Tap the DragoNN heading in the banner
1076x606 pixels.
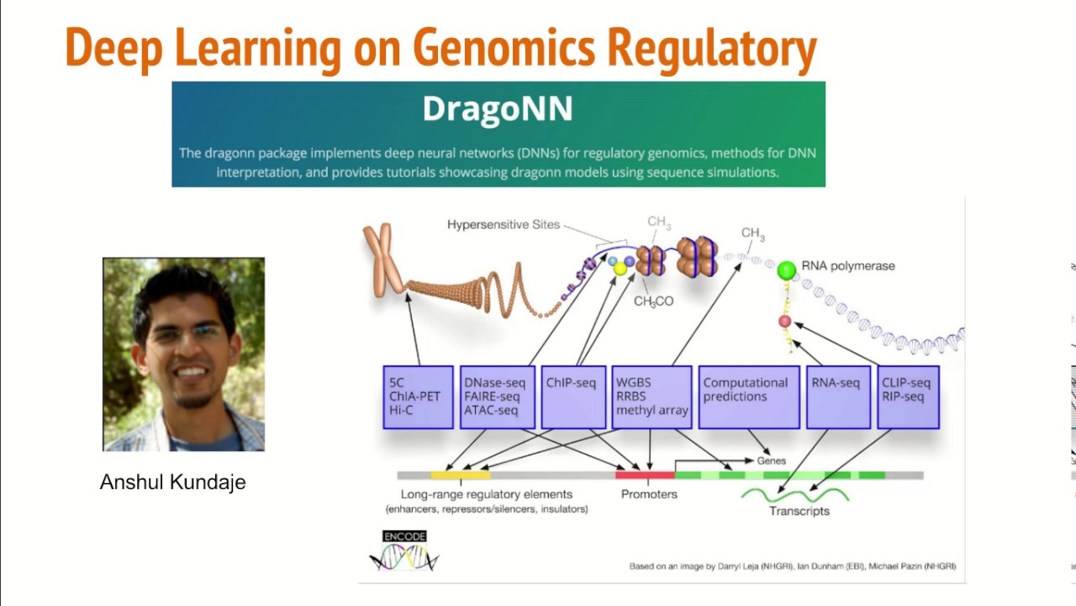(x=498, y=109)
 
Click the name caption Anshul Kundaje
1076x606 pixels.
(x=172, y=482)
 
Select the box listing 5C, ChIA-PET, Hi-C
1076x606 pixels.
(x=418, y=397)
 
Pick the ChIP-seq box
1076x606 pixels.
(x=573, y=397)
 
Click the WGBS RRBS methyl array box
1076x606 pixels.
(x=651, y=397)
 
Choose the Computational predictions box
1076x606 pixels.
(x=748, y=397)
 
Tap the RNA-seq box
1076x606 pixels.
(x=837, y=397)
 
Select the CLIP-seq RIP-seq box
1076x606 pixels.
(x=908, y=397)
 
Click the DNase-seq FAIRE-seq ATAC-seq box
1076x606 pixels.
(x=498, y=397)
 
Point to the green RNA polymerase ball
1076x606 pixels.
(x=786, y=270)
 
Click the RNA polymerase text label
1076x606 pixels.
(x=847, y=266)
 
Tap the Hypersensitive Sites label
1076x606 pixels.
(x=503, y=225)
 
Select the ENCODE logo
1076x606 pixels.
(x=404, y=550)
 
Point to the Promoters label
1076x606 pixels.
(x=648, y=494)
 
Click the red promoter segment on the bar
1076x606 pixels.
(x=645, y=476)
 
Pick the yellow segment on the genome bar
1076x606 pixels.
(x=460, y=476)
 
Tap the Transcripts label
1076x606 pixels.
(x=799, y=511)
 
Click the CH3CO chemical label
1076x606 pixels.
(x=653, y=301)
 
